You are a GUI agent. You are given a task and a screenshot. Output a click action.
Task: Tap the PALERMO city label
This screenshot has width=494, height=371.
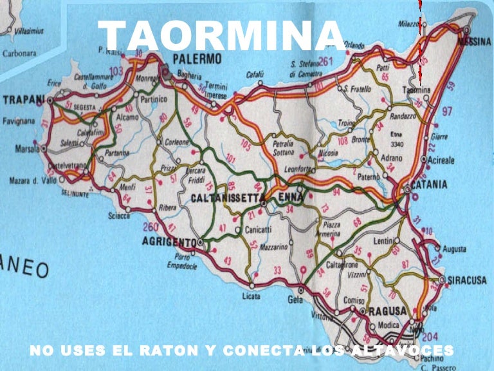(x=197, y=59)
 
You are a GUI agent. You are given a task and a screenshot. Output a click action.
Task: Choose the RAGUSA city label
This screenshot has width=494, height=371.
(x=387, y=311)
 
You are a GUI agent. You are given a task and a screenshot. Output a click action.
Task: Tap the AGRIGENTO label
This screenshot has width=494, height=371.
(x=168, y=242)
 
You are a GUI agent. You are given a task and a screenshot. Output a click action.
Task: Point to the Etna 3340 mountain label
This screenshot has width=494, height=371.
(x=397, y=140)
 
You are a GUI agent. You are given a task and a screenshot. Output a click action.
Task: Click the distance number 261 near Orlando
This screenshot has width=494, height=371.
(x=325, y=62)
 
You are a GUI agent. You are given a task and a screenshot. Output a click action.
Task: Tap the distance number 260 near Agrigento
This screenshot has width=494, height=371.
(x=150, y=227)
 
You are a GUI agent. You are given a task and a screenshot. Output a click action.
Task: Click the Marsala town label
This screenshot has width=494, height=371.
(x=26, y=149)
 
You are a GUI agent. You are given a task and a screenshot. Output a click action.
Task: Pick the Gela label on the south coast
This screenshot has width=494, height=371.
(x=295, y=300)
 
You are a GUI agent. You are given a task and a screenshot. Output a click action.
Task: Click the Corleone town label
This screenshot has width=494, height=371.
(x=178, y=142)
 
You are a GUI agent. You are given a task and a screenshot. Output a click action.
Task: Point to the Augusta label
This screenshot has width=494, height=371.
(x=455, y=248)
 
